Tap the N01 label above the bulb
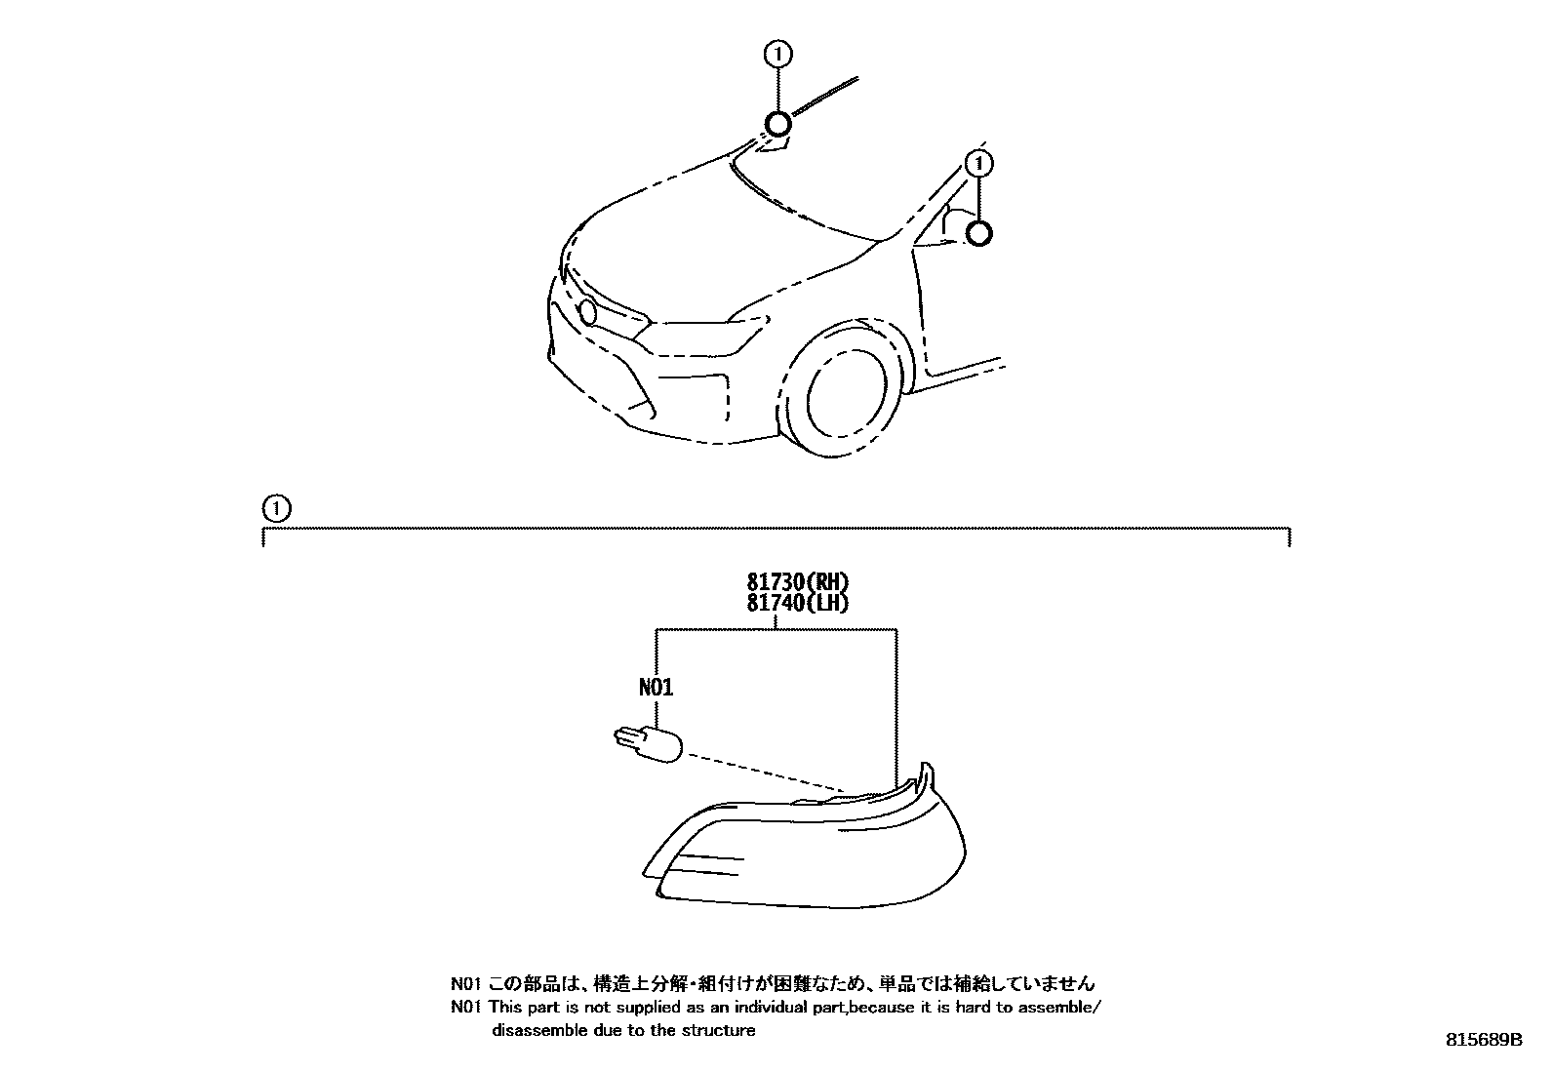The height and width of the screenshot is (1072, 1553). pos(656,688)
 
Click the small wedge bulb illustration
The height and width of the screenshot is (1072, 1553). pos(647,745)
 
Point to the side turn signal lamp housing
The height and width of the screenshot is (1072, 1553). pos(810,844)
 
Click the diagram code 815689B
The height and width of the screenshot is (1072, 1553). pos(1483,1040)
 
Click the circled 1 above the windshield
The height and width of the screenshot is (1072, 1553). pos(777,55)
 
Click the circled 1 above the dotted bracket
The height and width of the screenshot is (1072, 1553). pos(276,507)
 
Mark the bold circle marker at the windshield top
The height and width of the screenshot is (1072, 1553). pos(777,125)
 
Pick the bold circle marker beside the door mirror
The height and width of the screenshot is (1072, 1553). pos(979,233)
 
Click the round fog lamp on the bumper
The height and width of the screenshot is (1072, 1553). pos(588,312)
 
